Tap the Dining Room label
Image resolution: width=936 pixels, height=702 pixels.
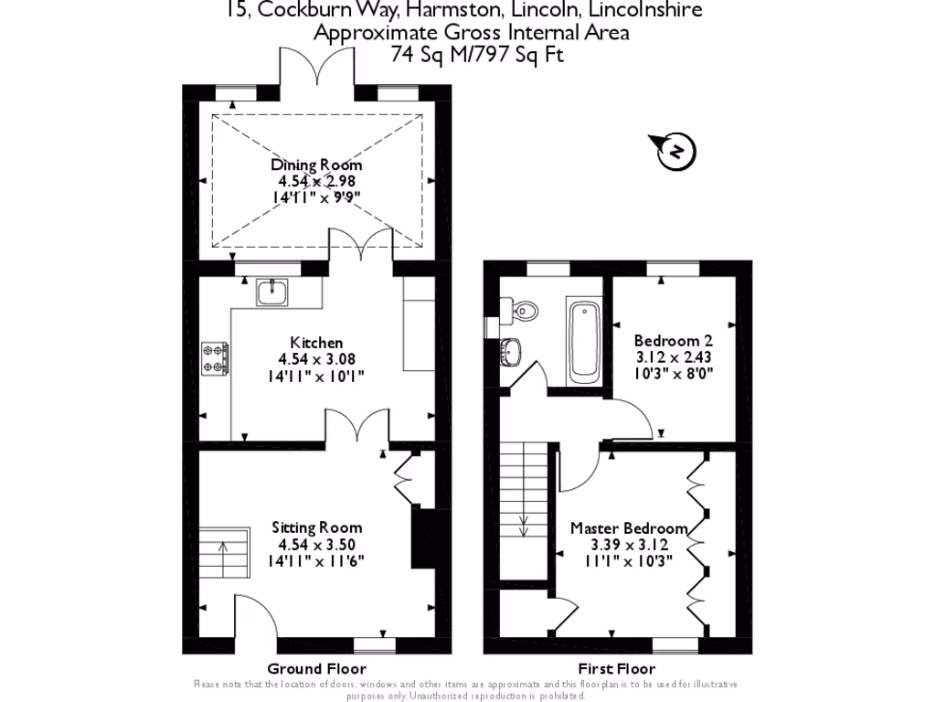click(x=316, y=165)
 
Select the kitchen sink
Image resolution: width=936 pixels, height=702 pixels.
click(x=271, y=292)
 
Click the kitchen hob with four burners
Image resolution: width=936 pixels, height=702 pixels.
click(x=216, y=357)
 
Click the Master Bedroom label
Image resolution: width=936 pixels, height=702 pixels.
click(x=629, y=528)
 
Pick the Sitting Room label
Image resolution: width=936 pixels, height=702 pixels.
click(x=316, y=527)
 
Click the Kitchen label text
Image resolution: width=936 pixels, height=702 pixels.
click(x=316, y=343)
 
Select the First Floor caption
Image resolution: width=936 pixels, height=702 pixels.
click(x=617, y=668)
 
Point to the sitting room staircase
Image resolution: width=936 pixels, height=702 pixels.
click(x=226, y=555)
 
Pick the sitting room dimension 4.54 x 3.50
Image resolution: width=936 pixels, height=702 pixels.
click(x=316, y=545)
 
